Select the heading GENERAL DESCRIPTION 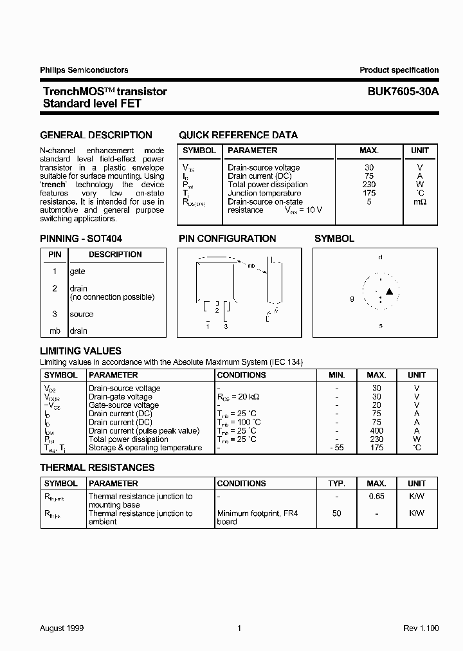[x=96, y=135]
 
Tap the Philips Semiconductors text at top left [x=84, y=70]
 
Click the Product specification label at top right [x=399, y=70]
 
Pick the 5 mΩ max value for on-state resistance [x=368, y=201]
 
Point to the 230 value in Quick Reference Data [x=368, y=185]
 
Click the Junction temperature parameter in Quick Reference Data [x=264, y=193]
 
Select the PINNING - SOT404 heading [x=81, y=238]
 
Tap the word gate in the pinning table [x=77, y=271]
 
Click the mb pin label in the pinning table [x=55, y=331]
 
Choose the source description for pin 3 [x=82, y=314]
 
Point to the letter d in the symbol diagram [x=380, y=257]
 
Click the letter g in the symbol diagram [x=352, y=298]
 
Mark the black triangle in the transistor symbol [x=389, y=292]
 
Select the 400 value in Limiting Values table [x=376, y=431]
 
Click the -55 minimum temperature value [x=336, y=448]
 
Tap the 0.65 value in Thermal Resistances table [x=376, y=497]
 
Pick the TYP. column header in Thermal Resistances [x=336, y=483]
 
